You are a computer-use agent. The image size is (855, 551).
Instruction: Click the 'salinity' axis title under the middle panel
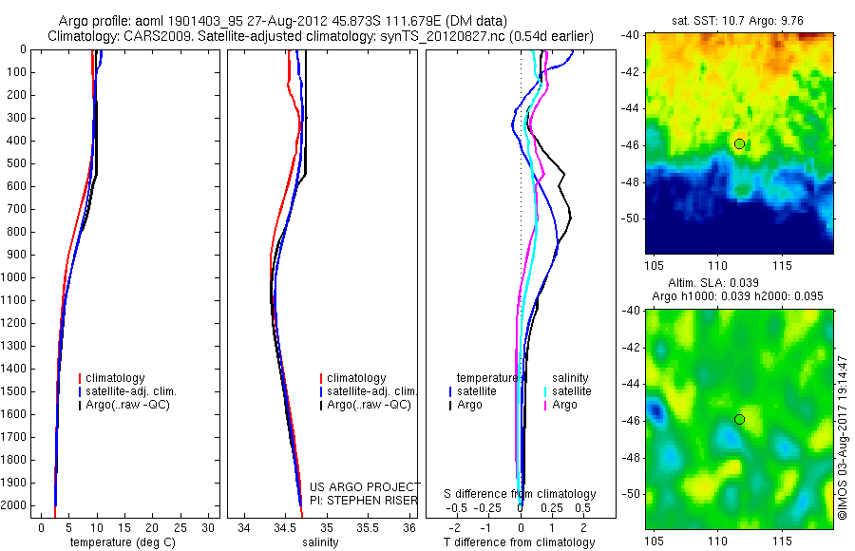(x=318, y=542)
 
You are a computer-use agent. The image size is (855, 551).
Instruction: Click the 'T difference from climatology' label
(x=520, y=542)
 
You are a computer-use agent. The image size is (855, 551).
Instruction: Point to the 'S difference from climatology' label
(x=520, y=494)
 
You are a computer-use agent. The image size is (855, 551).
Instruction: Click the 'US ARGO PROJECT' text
(x=365, y=487)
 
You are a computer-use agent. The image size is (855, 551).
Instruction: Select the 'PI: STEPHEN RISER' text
(x=365, y=501)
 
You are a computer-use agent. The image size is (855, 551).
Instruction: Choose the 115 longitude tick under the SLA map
(x=784, y=541)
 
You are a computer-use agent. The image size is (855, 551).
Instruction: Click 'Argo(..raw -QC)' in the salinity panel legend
(x=369, y=405)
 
